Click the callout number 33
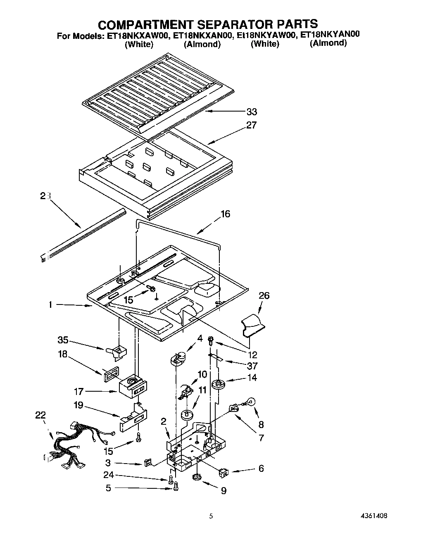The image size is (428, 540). coord(251,112)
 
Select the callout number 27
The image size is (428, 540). coord(251,125)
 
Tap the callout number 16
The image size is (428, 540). coord(225,214)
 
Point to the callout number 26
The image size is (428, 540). coord(264,295)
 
